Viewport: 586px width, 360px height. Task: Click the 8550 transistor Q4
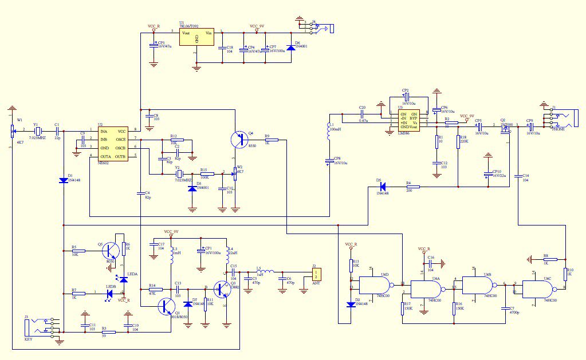pos(240,139)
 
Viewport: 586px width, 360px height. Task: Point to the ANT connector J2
pos(316,274)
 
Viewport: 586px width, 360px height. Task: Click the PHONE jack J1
pos(556,120)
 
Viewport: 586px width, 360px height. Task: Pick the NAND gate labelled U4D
pos(372,284)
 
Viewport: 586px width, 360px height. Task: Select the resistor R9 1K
pos(272,140)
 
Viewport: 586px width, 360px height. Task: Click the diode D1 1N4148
pos(63,180)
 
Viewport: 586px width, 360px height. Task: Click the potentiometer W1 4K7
pos(12,131)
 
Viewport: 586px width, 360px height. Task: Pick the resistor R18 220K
pos(458,141)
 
